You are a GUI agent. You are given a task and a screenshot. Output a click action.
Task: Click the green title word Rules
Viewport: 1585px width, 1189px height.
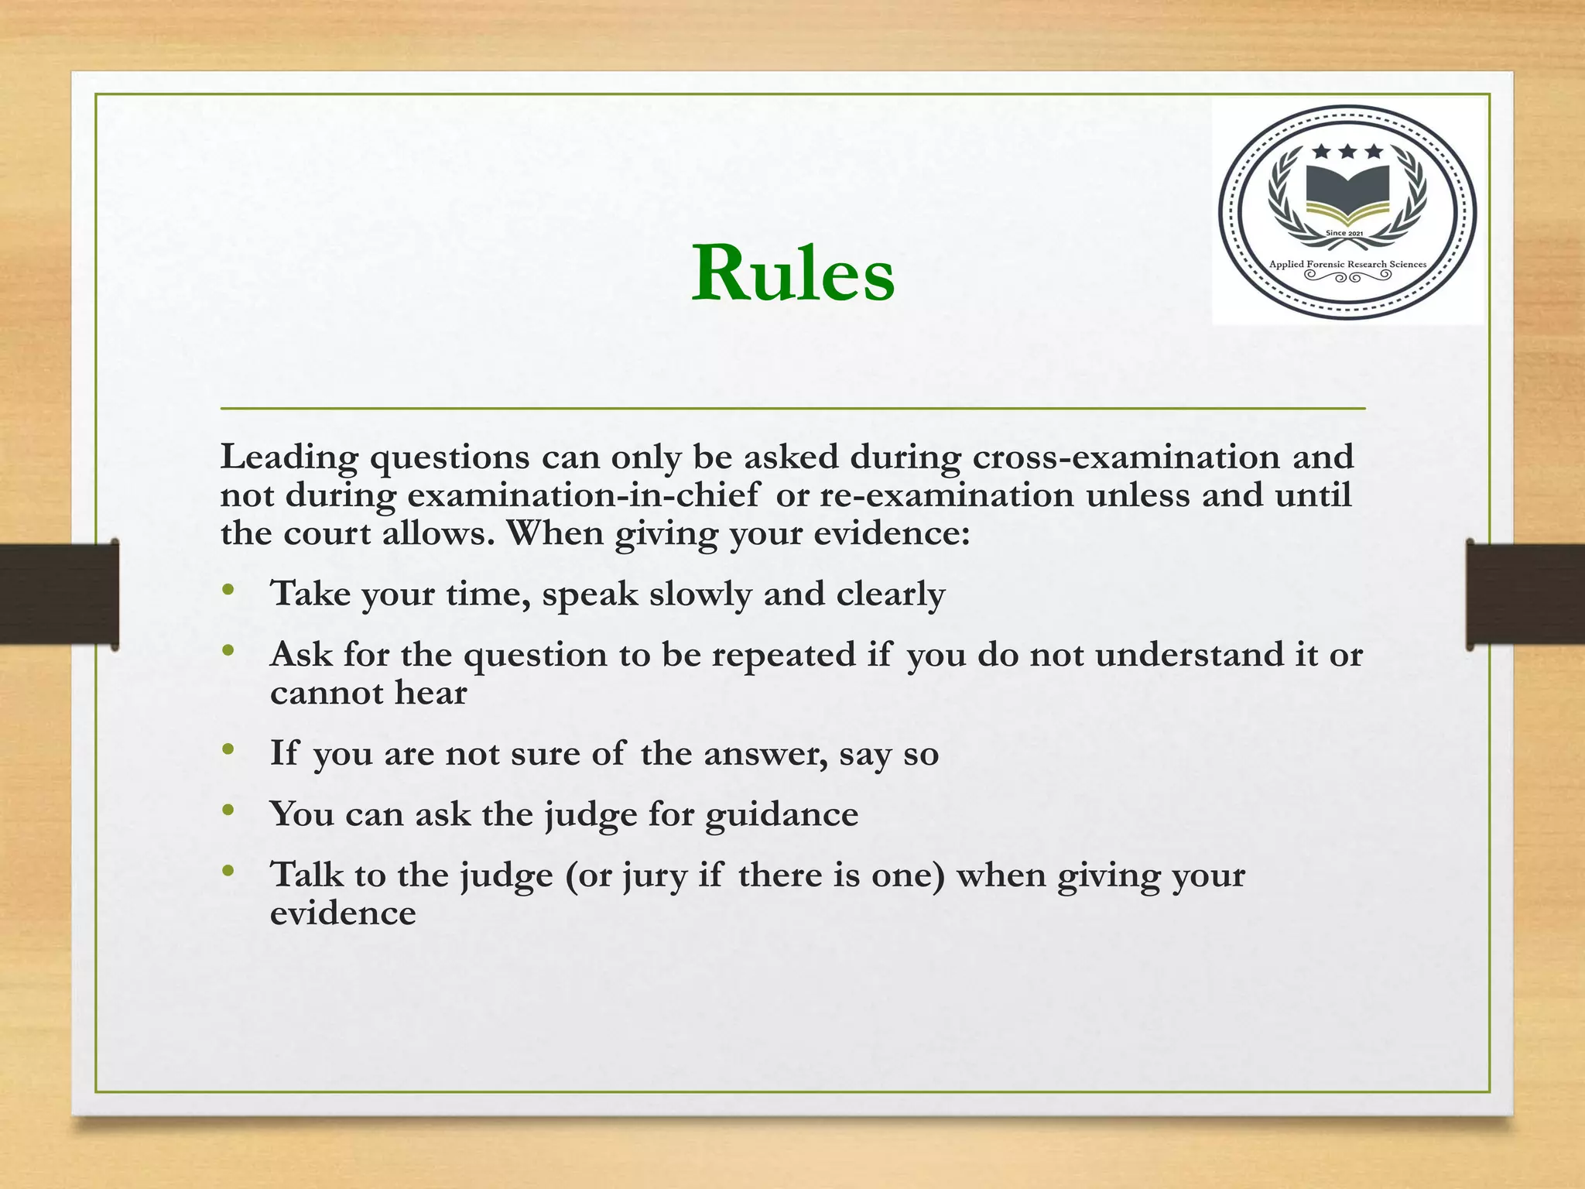[x=792, y=274]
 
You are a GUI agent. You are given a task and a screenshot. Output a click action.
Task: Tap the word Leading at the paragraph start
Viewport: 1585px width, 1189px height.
[x=289, y=457]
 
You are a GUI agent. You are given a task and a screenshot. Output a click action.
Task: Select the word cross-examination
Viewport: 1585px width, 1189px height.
[x=1126, y=457]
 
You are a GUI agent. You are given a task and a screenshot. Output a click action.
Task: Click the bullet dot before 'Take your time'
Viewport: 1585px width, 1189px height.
[x=227, y=591]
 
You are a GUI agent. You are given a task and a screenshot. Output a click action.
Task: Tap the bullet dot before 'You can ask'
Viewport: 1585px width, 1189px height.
[x=227, y=810]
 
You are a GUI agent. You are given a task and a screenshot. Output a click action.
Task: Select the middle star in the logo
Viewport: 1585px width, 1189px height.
[x=1347, y=152]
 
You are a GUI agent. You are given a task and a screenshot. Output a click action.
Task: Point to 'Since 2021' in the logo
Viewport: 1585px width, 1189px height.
[x=1344, y=233]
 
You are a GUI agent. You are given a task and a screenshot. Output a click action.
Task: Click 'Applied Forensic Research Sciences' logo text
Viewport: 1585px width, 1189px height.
[x=1347, y=265]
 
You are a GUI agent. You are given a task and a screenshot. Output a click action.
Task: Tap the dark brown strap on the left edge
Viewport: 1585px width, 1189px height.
[x=59, y=594]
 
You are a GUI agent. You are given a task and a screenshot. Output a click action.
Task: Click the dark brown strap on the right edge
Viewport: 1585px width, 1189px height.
[x=1525, y=594]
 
